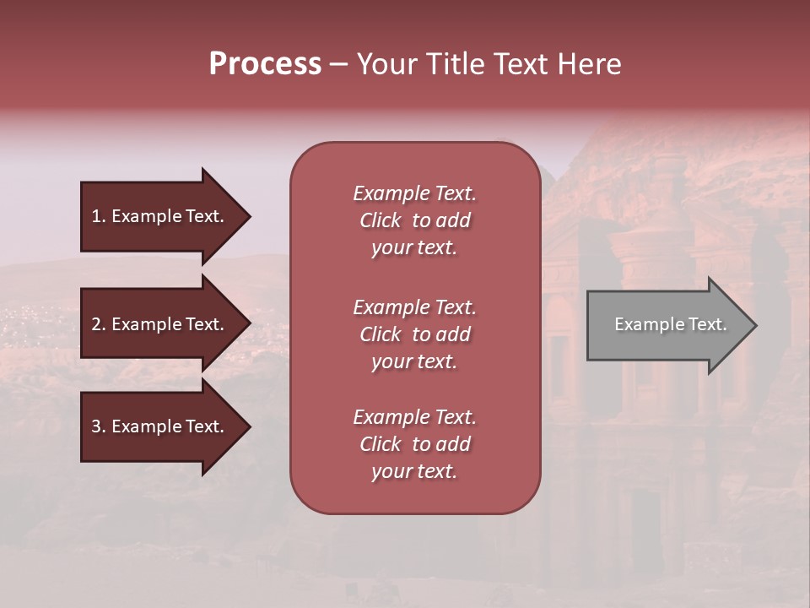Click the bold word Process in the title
pos(265,64)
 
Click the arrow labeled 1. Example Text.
pos(160,216)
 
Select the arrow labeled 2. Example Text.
pos(160,324)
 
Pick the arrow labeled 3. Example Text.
pos(160,426)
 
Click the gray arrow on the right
pos(667,325)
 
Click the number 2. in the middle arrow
pos(99,324)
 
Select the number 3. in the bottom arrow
pos(99,426)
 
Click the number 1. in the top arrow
pos(99,216)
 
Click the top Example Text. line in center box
pos(414,193)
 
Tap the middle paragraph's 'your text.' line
pos(414,361)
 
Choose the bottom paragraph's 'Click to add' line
pos(414,444)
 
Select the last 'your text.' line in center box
pos(414,471)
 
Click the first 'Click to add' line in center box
pos(414,220)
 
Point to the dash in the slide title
pos(338,65)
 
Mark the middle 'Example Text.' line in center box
pos(414,307)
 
